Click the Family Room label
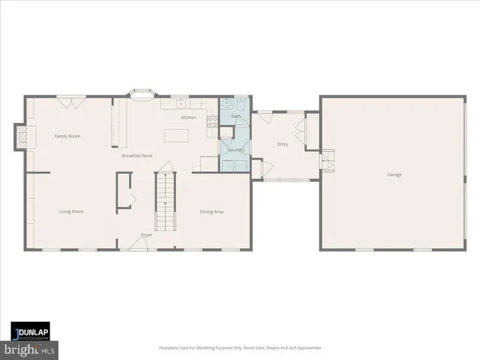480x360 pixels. pos(67,136)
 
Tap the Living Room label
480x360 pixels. pos(71,211)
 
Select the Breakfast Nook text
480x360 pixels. pos(138,155)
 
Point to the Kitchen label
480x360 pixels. pos(188,118)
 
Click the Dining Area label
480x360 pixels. pos(211,211)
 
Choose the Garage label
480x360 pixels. pos(394,175)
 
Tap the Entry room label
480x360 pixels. pos(283,145)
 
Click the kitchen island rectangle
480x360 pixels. pos(175,135)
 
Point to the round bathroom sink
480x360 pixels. pos(226,105)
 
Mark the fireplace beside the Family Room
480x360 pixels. pos(23,136)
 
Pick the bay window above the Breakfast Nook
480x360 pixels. pos(141,94)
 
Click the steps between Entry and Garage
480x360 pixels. pos(327,160)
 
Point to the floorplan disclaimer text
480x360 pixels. pos(239,348)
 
